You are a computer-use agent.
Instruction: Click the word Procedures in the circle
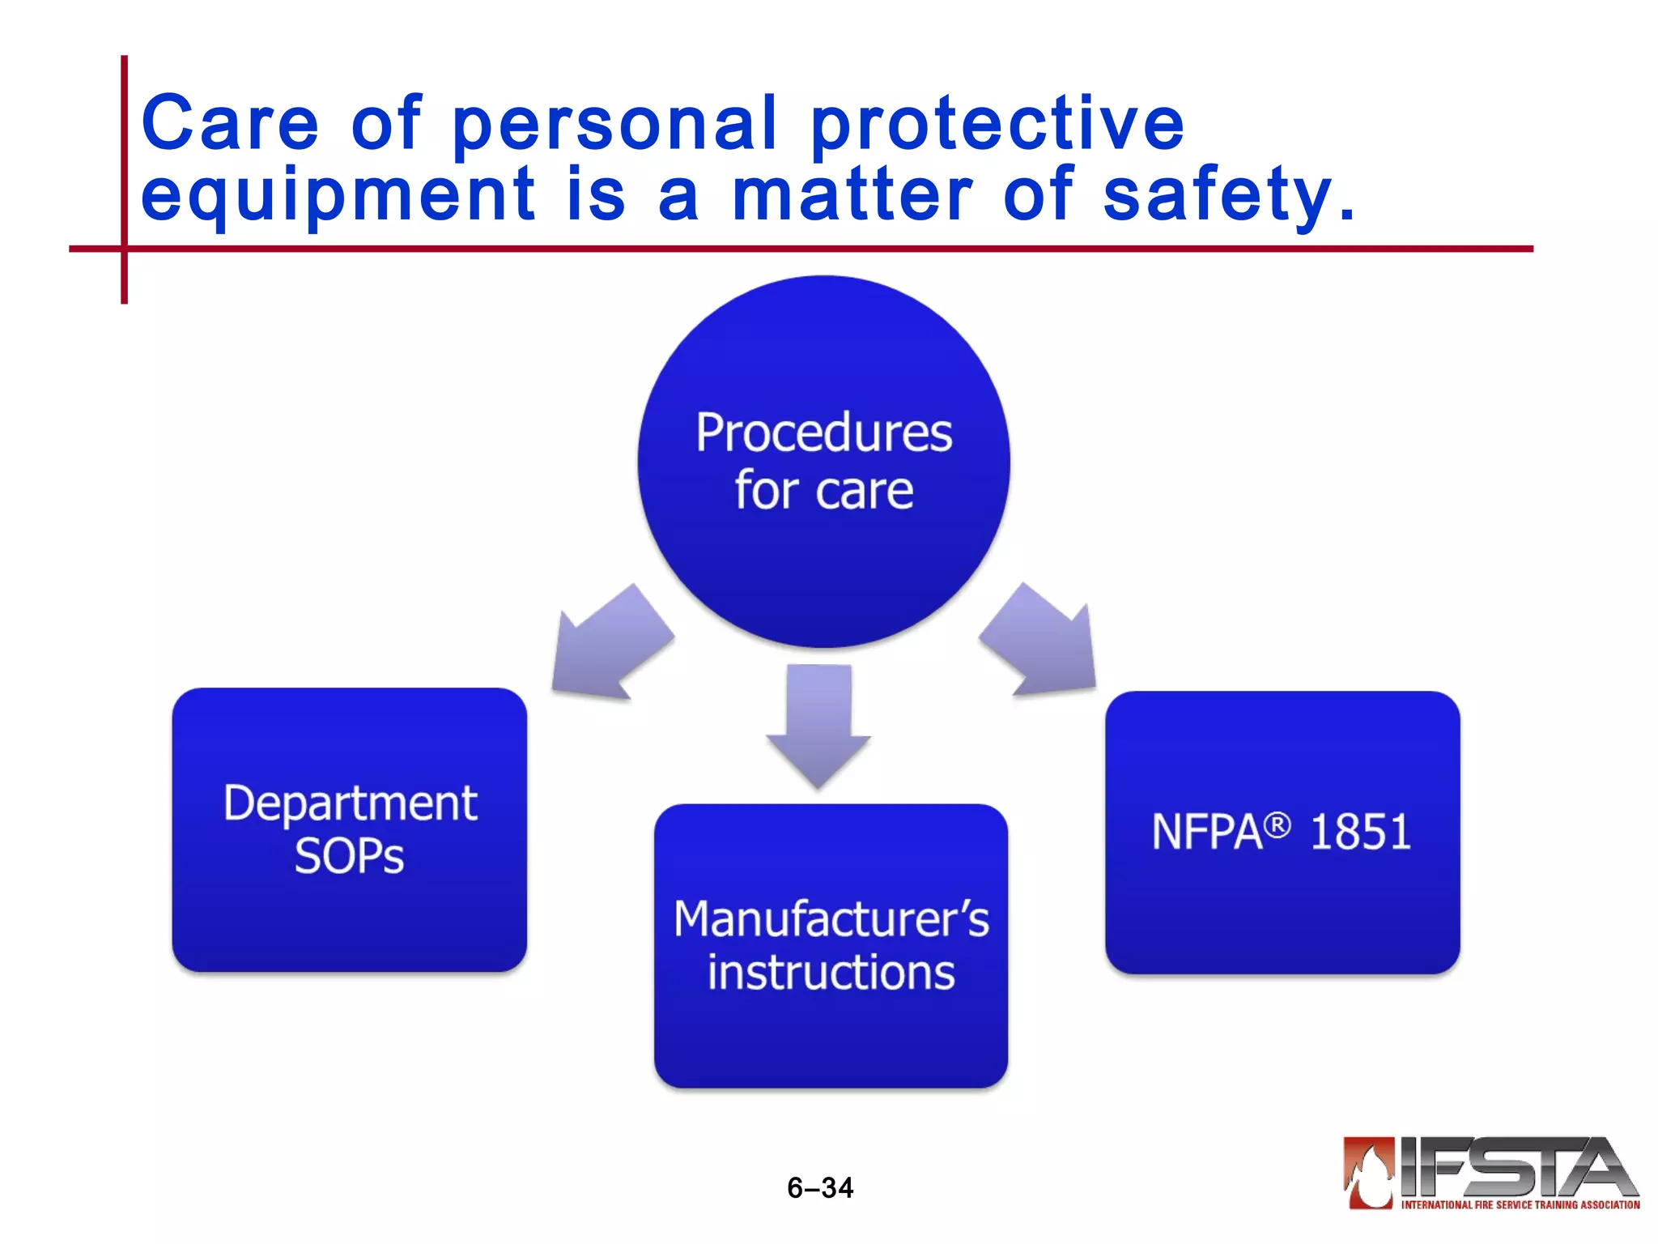pyautogui.click(x=823, y=433)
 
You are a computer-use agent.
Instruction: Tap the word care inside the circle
pyautogui.click(x=865, y=492)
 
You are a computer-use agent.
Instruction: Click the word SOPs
pyautogui.click(x=349, y=857)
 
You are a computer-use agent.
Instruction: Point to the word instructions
pyautogui.click(x=831, y=973)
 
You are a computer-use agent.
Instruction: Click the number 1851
pyautogui.click(x=1360, y=833)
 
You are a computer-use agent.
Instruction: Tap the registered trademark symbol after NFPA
pyautogui.click(x=1277, y=825)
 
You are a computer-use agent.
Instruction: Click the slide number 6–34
pyautogui.click(x=820, y=1188)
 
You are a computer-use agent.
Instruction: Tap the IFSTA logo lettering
pyautogui.click(x=1514, y=1167)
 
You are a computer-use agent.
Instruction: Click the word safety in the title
pyautogui.click(x=1218, y=194)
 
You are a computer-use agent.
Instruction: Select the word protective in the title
pyautogui.click(x=997, y=123)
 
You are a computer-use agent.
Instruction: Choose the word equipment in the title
pyautogui.click(x=338, y=194)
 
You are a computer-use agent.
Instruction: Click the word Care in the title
pyautogui.click(x=230, y=123)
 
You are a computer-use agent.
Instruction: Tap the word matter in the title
pyautogui.click(x=852, y=194)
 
